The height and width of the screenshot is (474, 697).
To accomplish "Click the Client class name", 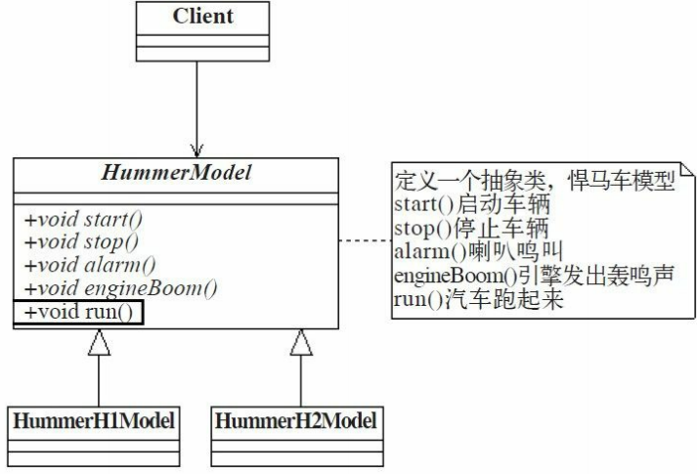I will click(203, 17).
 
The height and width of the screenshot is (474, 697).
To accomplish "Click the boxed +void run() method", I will click(79, 313).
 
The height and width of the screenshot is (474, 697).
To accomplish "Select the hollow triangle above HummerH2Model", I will click(301, 342).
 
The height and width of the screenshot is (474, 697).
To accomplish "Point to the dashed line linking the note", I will click(363, 240).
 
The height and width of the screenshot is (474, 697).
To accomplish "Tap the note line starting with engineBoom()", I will click(533, 278).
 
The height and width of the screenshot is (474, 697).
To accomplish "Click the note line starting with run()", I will click(478, 301).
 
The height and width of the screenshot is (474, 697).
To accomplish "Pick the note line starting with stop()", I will click(469, 230).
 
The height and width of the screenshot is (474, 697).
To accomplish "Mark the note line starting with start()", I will click(471, 206).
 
